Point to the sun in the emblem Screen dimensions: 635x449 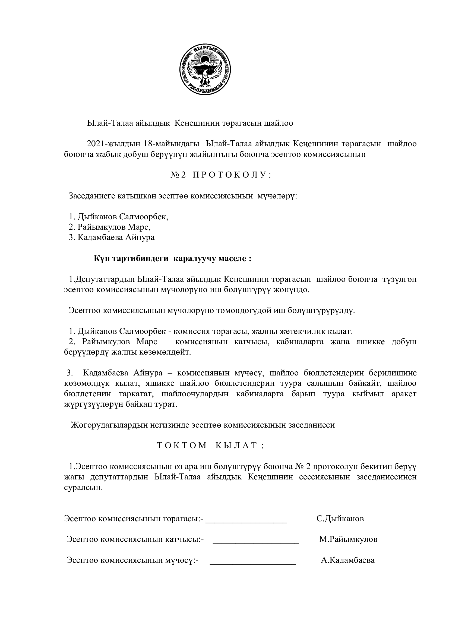[205, 59]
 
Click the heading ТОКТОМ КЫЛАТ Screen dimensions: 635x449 [211, 446]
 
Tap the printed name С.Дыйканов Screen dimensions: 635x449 [340, 519]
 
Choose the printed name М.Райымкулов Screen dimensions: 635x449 [348, 539]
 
